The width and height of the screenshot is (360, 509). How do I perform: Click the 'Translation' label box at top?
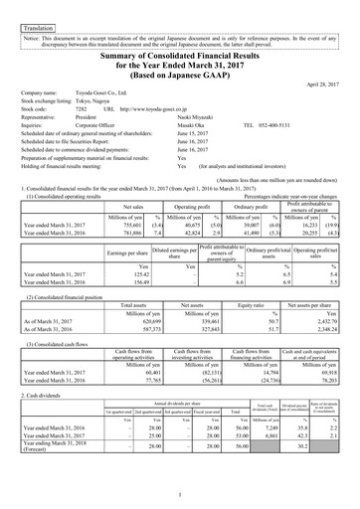pos(39,16)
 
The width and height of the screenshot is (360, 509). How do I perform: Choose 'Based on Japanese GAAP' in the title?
pos(179,74)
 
